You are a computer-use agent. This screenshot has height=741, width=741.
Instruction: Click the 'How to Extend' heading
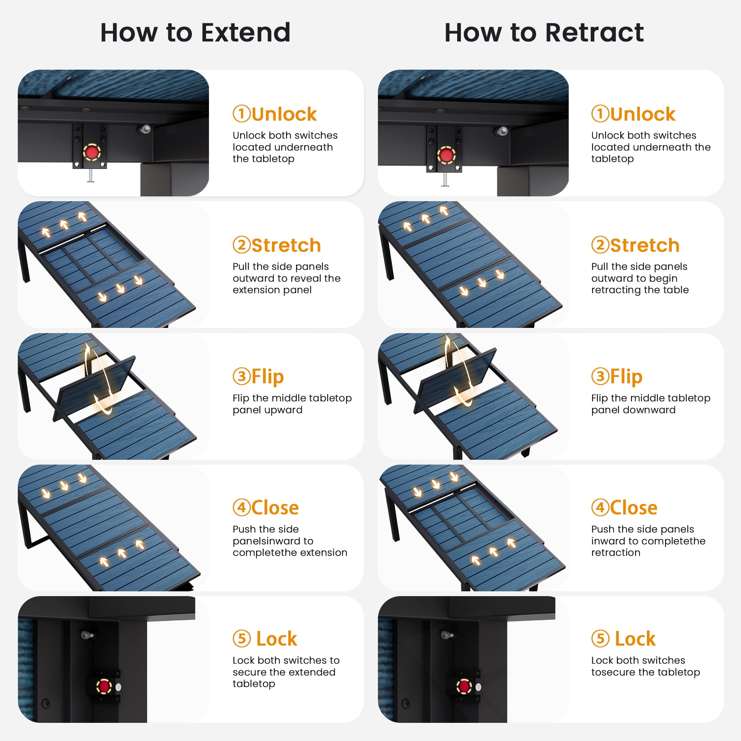coord(195,33)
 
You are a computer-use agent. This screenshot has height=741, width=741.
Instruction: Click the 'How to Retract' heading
coord(544,33)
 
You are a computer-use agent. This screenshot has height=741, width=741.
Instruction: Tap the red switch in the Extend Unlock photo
coord(92,152)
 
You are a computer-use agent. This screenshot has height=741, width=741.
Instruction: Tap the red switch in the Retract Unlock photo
coord(446,155)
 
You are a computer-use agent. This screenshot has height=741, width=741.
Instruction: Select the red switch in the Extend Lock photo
coord(104,687)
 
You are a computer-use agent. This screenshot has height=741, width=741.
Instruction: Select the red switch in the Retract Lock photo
coord(464,686)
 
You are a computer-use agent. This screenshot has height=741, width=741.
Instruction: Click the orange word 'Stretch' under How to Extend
coord(286,246)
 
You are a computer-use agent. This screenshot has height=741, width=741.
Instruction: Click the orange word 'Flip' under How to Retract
coord(626,377)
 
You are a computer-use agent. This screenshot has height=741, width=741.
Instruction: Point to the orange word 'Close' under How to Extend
coord(275,508)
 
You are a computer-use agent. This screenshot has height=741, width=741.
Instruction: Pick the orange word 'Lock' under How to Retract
coord(635,639)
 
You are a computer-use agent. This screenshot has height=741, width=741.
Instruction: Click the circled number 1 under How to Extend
coord(242,114)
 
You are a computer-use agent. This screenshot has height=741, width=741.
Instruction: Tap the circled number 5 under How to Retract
coord(600,639)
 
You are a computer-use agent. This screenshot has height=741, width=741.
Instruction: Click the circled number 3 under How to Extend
coord(242,377)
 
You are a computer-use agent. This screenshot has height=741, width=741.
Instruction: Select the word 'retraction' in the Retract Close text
coord(615,553)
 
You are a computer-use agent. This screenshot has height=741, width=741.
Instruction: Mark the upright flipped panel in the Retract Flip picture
coord(455,381)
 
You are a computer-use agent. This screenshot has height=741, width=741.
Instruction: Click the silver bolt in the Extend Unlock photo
coord(145,129)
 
